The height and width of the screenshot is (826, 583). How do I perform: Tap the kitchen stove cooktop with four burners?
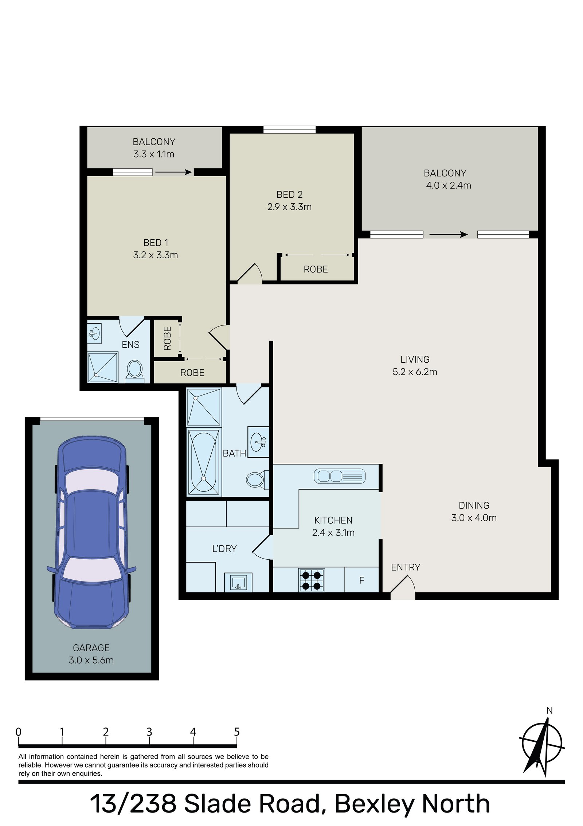[312, 580]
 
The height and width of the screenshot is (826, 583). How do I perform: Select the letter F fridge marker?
[361, 580]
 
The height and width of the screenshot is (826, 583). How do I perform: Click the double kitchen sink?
[340, 476]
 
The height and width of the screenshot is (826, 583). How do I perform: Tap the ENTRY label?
[405, 567]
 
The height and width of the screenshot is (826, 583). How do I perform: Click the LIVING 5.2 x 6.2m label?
[415, 366]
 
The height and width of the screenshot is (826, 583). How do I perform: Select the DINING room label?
[474, 505]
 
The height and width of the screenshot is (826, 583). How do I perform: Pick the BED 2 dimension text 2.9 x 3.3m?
[289, 207]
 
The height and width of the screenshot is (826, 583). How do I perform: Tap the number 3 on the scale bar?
[149, 732]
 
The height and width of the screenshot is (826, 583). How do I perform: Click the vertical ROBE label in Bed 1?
[167, 338]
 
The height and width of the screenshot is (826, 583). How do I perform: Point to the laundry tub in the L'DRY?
[238, 582]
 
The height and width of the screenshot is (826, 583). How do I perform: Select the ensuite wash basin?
[94, 333]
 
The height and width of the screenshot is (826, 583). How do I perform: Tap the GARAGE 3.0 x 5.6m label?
[91, 654]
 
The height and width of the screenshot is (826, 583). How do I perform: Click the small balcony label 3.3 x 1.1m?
[153, 154]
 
